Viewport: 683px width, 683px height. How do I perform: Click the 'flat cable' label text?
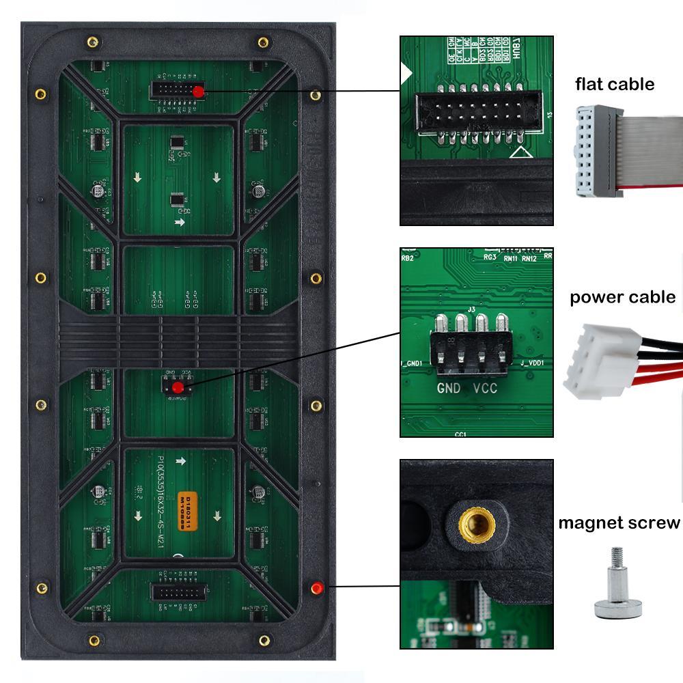(x=615, y=84)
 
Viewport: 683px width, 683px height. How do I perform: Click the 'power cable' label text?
(x=622, y=297)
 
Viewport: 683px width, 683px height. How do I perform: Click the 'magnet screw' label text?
(x=619, y=522)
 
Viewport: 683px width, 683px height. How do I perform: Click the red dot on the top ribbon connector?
(x=198, y=92)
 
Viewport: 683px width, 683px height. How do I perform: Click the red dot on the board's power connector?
(x=178, y=388)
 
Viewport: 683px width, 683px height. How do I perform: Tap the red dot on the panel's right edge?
(x=316, y=587)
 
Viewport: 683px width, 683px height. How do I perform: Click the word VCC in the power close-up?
(x=484, y=390)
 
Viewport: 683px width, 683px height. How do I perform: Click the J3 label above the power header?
(x=471, y=309)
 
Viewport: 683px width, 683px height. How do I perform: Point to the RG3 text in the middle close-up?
(x=489, y=257)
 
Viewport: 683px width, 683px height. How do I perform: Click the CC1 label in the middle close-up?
(x=460, y=433)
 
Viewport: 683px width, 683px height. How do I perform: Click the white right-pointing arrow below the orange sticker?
(x=180, y=462)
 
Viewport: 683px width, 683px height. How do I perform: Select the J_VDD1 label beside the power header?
(x=532, y=363)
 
